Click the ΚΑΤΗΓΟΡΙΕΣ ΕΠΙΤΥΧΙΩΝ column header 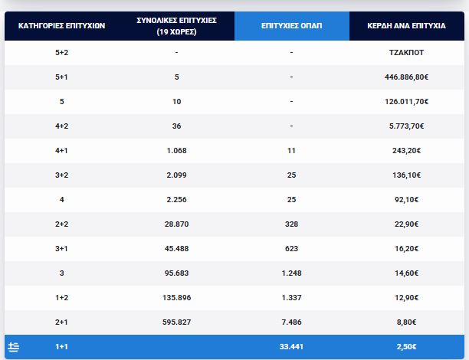click(x=61, y=26)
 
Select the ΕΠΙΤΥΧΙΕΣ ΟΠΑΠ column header click(x=291, y=26)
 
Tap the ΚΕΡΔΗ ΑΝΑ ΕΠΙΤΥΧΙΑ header click(x=407, y=26)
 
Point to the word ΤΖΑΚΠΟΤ click(x=407, y=53)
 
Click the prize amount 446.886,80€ click(x=407, y=77)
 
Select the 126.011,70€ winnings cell click(x=407, y=102)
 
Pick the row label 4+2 click(x=61, y=126)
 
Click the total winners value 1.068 click(x=176, y=151)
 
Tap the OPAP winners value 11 click(x=291, y=151)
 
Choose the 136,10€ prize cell click(x=407, y=175)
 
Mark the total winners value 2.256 click(x=176, y=200)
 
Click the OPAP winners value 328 click(x=291, y=224)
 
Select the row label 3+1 click(x=61, y=249)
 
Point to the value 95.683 click(x=176, y=273)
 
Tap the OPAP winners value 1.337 click(x=291, y=298)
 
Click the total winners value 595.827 click(x=176, y=322)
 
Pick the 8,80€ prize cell click(x=407, y=322)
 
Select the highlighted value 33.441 click(x=291, y=347)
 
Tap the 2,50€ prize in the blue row click(x=407, y=347)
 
